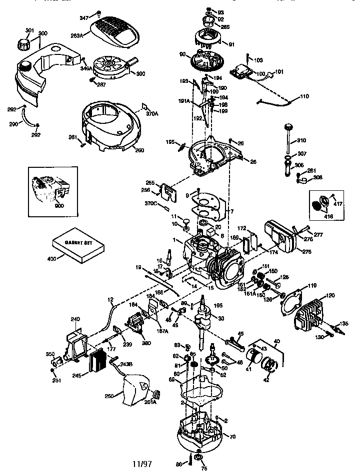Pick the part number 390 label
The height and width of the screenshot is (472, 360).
click(x=140, y=74)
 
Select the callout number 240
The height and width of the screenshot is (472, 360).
click(x=75, y=319)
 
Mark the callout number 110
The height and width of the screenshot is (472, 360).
click(x=304, y=96)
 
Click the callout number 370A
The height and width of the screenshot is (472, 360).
click(x=152, y=114)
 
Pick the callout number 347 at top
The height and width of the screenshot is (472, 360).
click(x=83, y=17)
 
